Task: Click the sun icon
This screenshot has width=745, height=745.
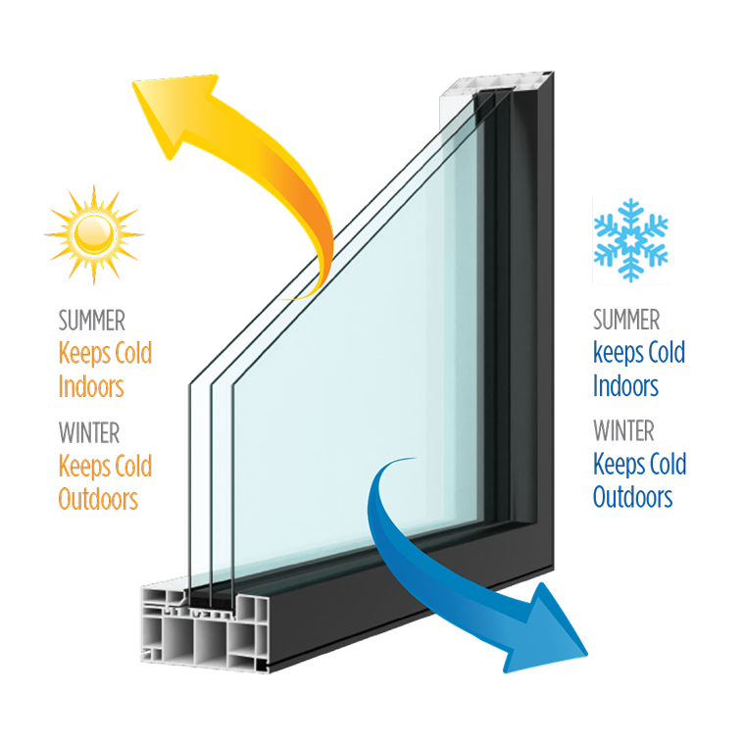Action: coord(93,234)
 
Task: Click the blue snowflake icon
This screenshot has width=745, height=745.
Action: coord(630,240)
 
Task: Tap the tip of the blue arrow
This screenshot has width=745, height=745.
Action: coord(587,655)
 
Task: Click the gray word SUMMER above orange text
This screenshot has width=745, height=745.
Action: coord(92,321)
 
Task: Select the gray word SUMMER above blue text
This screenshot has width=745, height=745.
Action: coord(626,320)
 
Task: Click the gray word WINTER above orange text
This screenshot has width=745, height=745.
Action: coord(89,432)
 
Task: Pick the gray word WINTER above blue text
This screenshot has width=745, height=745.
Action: coord(623,430)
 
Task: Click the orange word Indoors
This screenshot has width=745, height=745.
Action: coord(91,386)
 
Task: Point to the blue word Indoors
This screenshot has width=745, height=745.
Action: coord(625,385)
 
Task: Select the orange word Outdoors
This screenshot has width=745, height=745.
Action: coord(98,499)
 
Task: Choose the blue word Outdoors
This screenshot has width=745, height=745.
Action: coord(633,497)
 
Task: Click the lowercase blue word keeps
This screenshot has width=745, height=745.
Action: coord(618,354)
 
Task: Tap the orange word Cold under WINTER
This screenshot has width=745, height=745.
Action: coord(133,466)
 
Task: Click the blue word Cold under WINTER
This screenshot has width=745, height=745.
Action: coord(668,464)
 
